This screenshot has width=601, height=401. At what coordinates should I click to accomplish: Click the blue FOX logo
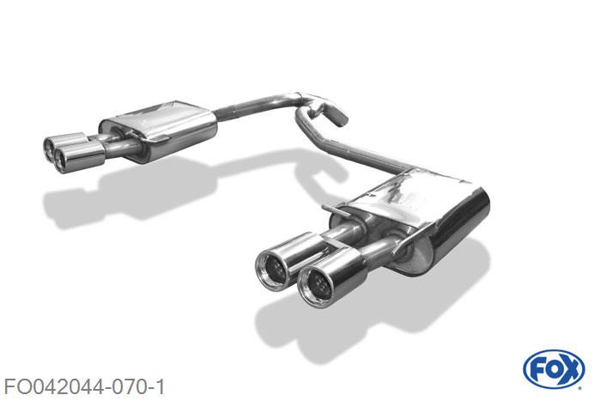point(554,369)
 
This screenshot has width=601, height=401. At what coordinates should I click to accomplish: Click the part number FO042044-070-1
point(84,386)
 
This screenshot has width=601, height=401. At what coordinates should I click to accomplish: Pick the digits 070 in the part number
point(129,386)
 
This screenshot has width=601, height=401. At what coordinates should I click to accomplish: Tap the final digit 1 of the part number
point(160,386)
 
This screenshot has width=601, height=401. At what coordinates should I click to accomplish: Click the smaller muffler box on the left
point(157,129)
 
